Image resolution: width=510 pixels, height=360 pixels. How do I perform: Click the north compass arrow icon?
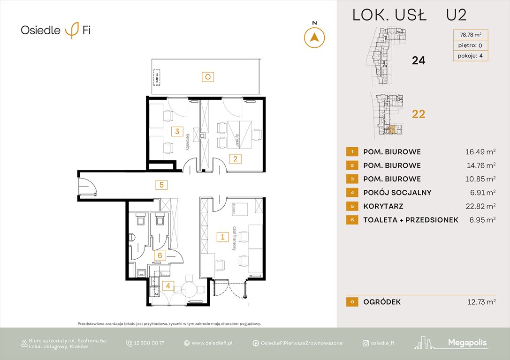pyautogui.click(x=314, y=37)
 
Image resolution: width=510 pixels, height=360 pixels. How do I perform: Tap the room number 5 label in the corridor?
pyautogui.click(x=161, y=185)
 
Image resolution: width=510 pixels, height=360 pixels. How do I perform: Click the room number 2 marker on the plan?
pyautogui.click(x=235, y=159)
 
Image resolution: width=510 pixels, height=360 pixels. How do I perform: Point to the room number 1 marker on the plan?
pyautogui.click(x=222, y=237)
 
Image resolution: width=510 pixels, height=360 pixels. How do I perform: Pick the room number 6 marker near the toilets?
pyautogui.click(x=160, y=255)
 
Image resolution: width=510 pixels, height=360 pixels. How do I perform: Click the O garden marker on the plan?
pyautogui.click(x=207, y=76)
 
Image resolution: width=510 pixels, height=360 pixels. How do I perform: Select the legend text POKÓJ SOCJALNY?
pyautogui.click(x=397, y=193)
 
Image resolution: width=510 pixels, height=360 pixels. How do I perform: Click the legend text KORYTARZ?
pyautogui.click(x=383, y=206)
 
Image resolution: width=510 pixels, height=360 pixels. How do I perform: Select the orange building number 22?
pyautogui.click(x=418, y=114)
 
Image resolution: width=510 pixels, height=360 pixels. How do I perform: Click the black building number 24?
pyautogui.click(x=418, y=60)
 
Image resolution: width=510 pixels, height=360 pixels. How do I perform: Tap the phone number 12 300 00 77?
pyautogui.click(x=145, y=343)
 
